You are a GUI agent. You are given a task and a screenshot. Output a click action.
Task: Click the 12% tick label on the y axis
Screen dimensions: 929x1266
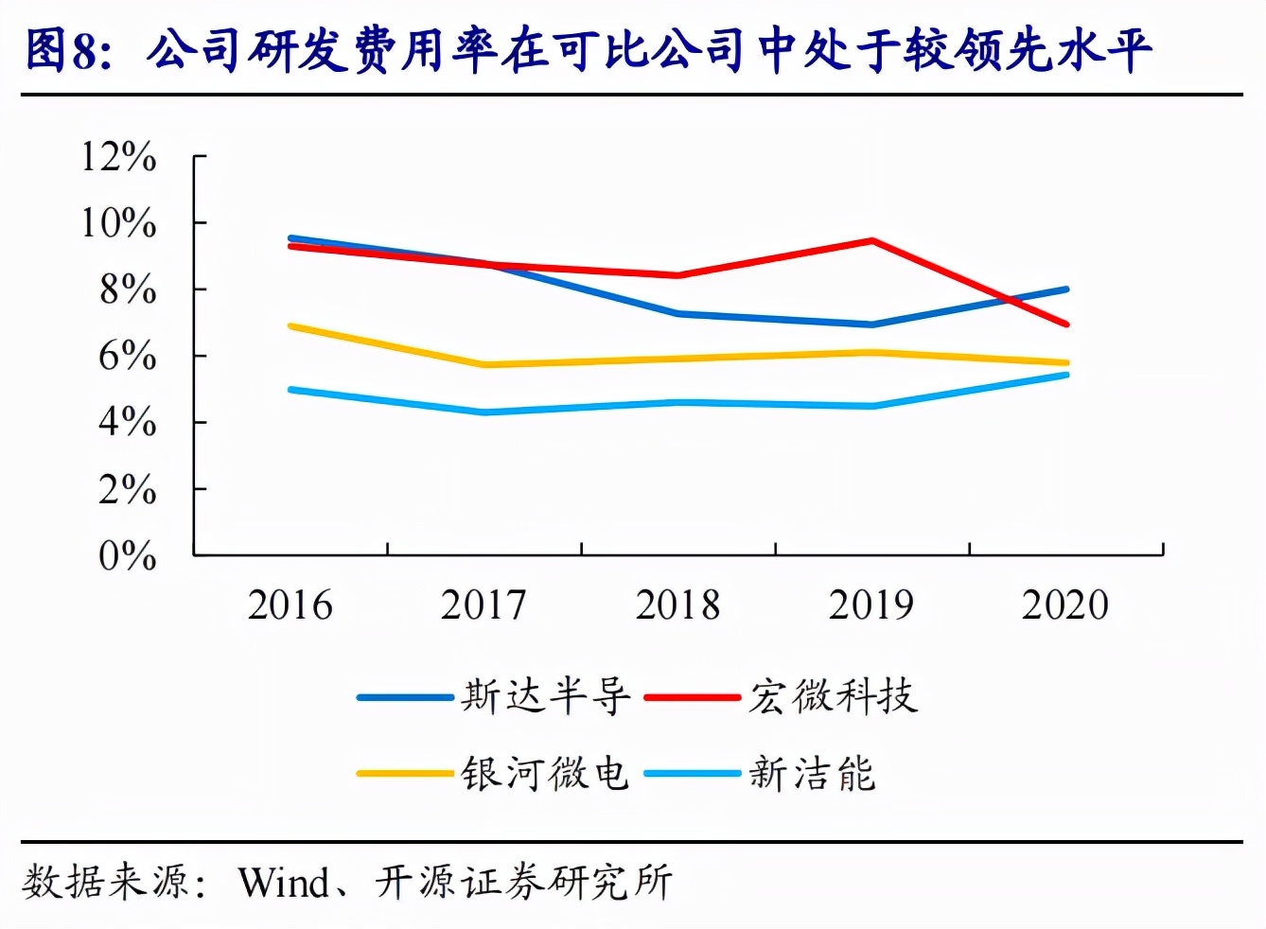[118, 157]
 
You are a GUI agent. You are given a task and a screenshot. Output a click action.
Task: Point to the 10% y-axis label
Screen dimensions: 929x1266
[118, 224]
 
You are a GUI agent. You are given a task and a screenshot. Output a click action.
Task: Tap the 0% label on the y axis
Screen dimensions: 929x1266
[127, 556]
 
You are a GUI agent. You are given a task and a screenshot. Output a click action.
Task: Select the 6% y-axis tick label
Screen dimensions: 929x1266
[127, 357]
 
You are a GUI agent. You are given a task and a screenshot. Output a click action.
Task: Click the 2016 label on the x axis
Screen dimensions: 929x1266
[290, 605]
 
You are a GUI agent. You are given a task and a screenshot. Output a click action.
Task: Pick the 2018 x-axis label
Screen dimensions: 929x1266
[677, 605]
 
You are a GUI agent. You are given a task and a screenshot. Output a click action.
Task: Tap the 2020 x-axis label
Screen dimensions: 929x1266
[1064, 605]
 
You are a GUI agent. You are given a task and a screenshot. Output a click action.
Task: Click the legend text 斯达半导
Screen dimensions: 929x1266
[545, 697]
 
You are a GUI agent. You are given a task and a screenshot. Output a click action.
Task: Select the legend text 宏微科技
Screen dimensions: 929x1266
[833, 697]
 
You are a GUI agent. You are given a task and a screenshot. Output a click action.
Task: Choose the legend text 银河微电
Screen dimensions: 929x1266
[545, 774]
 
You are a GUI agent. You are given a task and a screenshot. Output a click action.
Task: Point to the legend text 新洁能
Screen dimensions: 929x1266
[812, 774]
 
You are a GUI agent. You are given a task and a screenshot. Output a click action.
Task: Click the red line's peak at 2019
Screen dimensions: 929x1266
[871, 240]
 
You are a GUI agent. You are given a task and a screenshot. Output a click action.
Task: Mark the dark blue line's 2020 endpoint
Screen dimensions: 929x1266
[1066, 289]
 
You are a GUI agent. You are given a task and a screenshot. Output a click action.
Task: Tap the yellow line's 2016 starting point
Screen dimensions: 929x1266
[290, 326]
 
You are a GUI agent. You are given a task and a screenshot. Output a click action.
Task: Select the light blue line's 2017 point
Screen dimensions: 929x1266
[484, 412]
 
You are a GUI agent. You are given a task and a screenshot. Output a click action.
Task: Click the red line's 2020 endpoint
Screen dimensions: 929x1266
[1066, 324]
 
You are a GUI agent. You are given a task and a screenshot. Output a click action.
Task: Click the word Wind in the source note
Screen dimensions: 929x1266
[283, 883]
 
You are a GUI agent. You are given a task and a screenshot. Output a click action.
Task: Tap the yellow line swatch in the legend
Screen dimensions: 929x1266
[405, 774]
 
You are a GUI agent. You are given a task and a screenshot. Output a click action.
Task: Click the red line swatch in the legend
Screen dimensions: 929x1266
[692, 697]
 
